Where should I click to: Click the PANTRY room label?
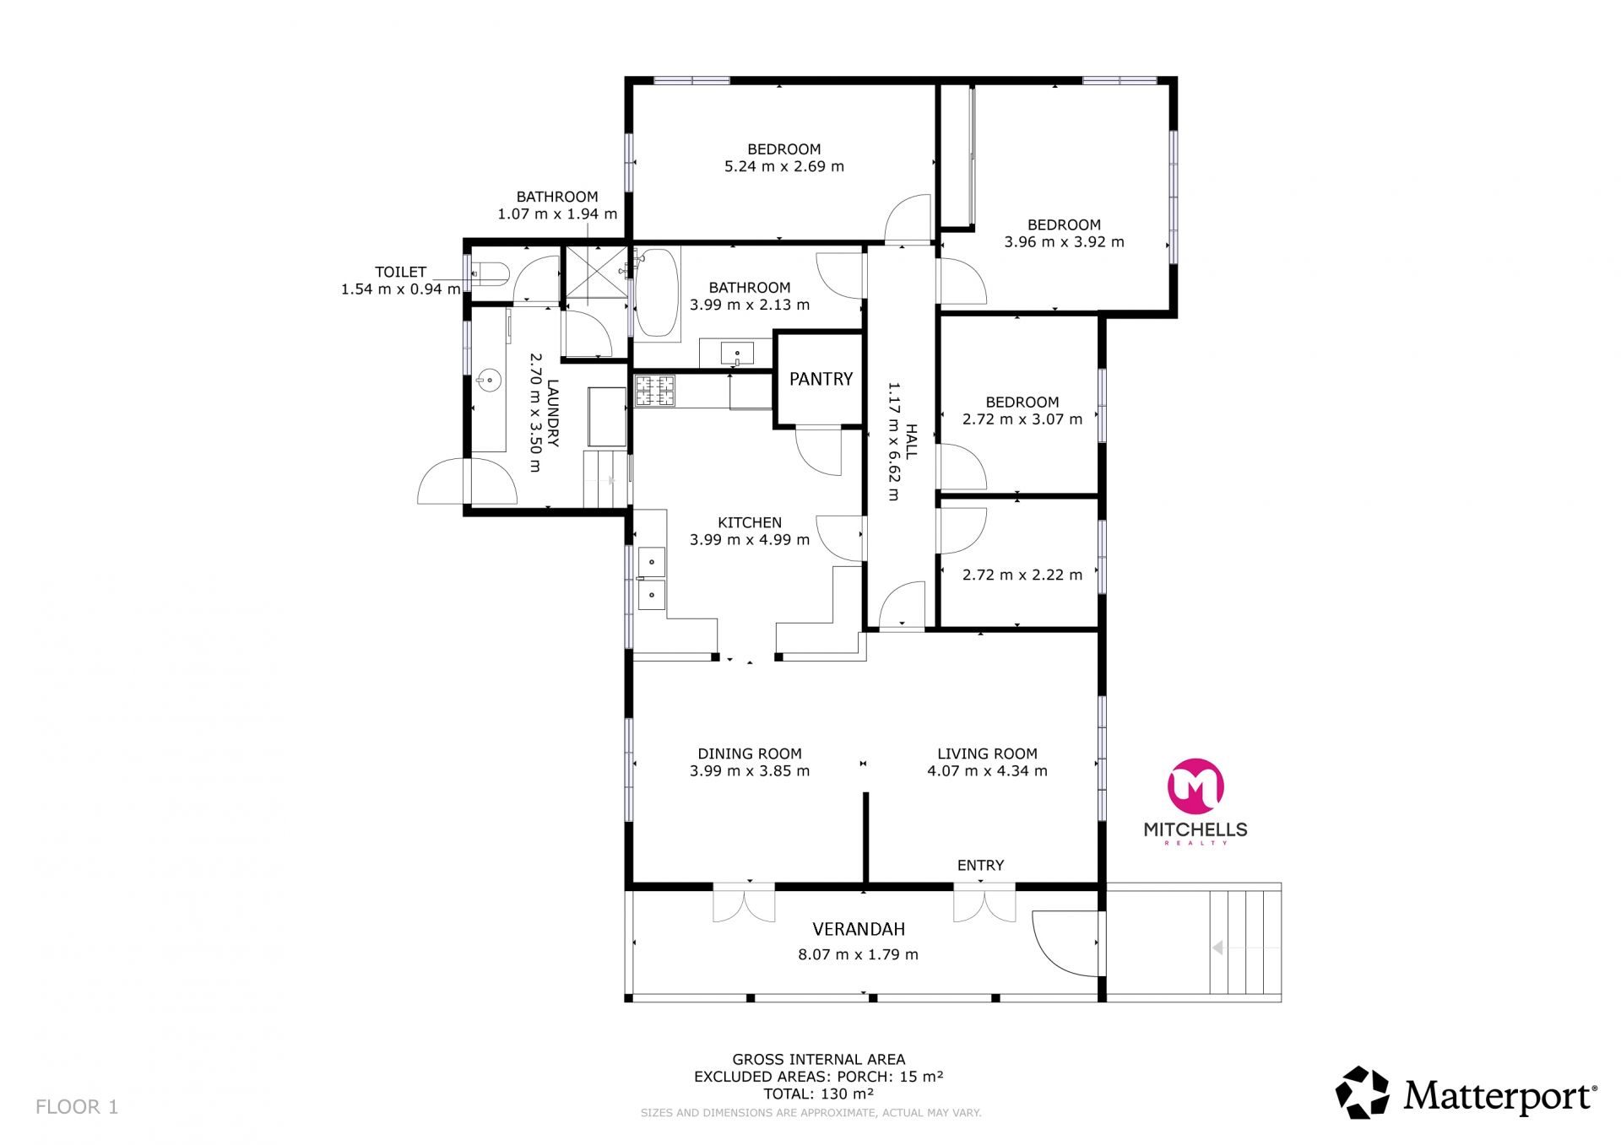click(x=821, y=379)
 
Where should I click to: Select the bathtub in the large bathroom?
click(x=656, y=293)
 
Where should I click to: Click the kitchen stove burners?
click(x=655, y=391)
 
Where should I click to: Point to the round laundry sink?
click(x=489, y=381)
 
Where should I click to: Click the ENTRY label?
click(x=980, y=865)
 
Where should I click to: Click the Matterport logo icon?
click(x=1362, y=1093)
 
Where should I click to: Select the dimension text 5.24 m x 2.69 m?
click(x=783, y=166)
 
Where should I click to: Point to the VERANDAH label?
click(x=859, y=929)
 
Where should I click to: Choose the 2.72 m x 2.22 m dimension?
click(x=1022, y=575)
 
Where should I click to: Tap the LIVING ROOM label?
click(x=987, y=753)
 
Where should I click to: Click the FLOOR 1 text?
click(x=77, y=1106)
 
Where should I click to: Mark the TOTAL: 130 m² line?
click(x=818, y=1094)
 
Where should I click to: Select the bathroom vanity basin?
click(x=737, y=353)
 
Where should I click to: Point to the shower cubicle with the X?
click(x=596, y=275)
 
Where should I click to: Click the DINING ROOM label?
click(x=750, y=753)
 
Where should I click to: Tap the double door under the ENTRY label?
click(x=984, y=904)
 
